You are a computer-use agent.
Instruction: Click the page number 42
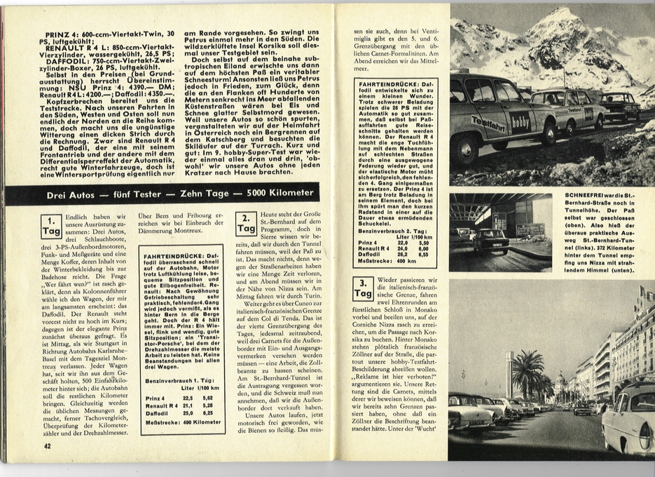(x=47, y=445)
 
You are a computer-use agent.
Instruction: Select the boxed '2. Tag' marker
(x=246, y=223)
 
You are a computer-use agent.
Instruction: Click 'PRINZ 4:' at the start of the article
(x=67, y=34)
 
